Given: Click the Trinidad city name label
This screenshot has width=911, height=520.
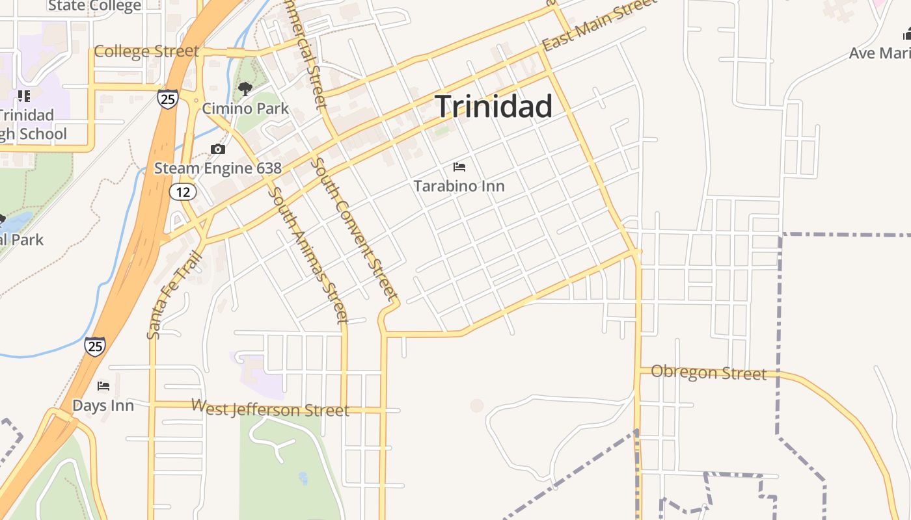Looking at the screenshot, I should point(493,107).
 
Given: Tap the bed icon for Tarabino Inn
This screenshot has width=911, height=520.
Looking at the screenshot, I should point(459,167).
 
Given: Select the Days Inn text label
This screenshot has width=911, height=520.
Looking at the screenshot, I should point(103,406).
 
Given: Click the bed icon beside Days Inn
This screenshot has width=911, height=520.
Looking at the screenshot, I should point(103,386).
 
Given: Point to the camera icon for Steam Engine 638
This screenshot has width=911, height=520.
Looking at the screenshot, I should point(218,149).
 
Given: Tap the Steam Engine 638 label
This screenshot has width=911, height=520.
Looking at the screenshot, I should point(217,168).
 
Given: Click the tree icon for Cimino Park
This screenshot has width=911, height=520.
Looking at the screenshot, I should point(245,89).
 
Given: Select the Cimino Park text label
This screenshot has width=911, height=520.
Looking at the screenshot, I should point(245,108).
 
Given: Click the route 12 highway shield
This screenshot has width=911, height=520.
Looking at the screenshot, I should point(183,191).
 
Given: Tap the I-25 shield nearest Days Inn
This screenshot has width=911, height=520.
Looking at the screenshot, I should point(94,346).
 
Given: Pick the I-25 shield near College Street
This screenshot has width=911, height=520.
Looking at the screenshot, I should point(167,98).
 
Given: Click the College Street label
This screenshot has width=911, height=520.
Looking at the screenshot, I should point(146,51).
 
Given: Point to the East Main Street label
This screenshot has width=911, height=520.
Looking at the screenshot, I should point(600,26).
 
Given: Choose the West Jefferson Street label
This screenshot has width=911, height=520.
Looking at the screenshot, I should point(270,408).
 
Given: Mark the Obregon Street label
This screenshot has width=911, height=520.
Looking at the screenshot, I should point(709,372).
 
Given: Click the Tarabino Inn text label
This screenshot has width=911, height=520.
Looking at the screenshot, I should point(459,187).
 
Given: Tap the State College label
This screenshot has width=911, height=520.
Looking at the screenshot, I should point(94,6).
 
